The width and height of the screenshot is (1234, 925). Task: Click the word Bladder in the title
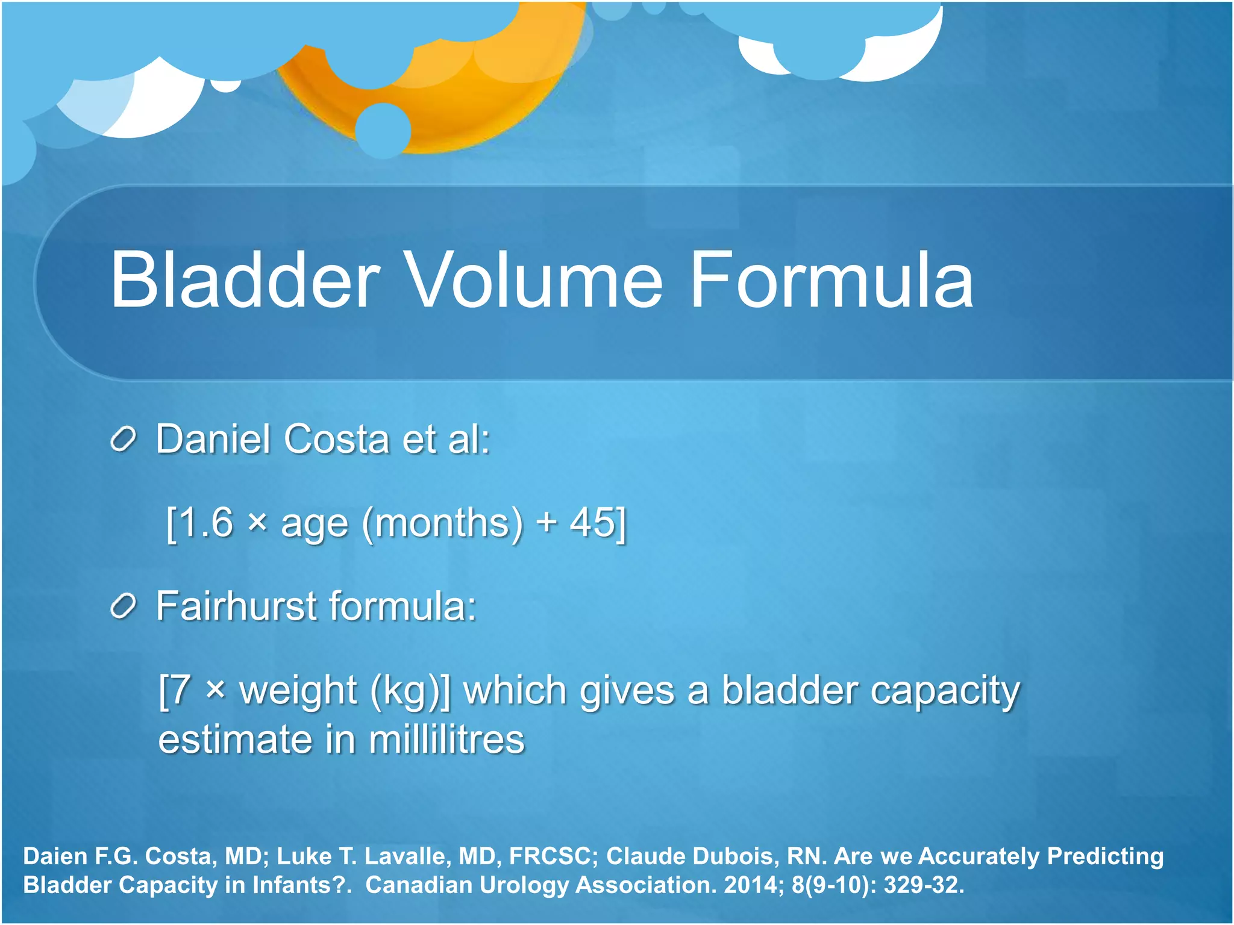(x=244, y=281)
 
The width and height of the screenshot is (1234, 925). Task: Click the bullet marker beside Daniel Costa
(x=124, y=440)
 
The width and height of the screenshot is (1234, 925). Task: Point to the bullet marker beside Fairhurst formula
(x=124, y=606)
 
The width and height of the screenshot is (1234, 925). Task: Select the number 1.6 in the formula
(x=207, y=523)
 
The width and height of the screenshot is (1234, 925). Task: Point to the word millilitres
(x=446, y=740)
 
